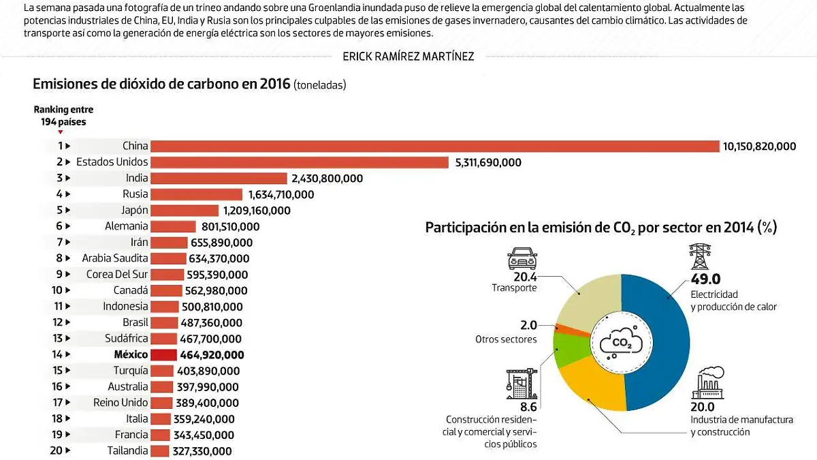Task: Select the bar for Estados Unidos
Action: pos(300,162)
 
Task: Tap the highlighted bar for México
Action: pos(163,355)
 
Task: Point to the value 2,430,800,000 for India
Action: pos(327,179)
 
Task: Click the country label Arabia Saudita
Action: pos(114,258)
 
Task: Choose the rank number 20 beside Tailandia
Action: pos(57,450)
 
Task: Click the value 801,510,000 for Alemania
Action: pos(230,226)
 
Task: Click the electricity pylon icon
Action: pos(701,258)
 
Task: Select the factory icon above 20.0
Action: pos(709,384)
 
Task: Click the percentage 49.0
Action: pos(705,279)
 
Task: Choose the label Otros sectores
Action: pos(506,339)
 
